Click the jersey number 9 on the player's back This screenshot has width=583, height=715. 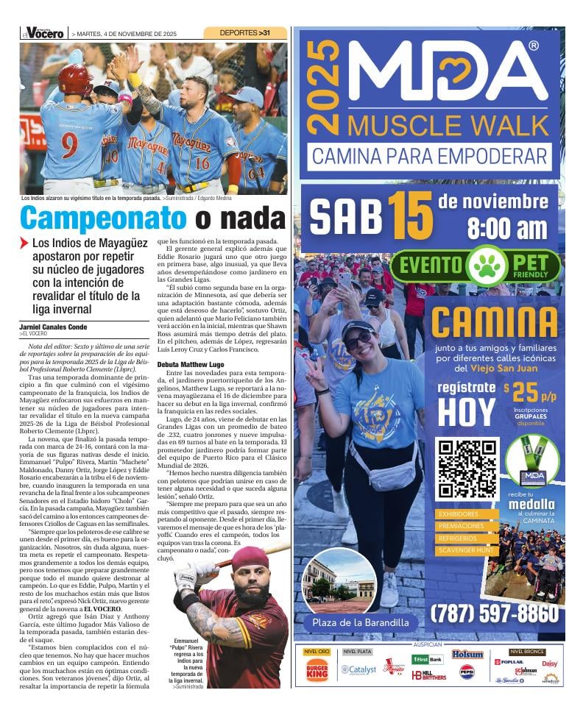click(x=69, y=144)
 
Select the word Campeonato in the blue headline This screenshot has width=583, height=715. click(x=103, y=218)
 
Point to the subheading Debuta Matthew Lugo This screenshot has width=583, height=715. click(x=190, y=364)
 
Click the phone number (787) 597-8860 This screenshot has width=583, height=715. click(x=494, y=613)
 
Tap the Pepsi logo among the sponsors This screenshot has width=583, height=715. click(x=467, y=672)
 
